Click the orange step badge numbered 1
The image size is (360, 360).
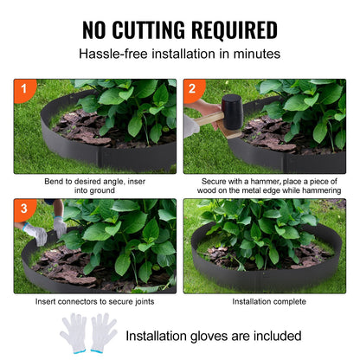23,89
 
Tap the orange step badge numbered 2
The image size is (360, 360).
193,89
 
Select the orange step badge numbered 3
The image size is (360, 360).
23,209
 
